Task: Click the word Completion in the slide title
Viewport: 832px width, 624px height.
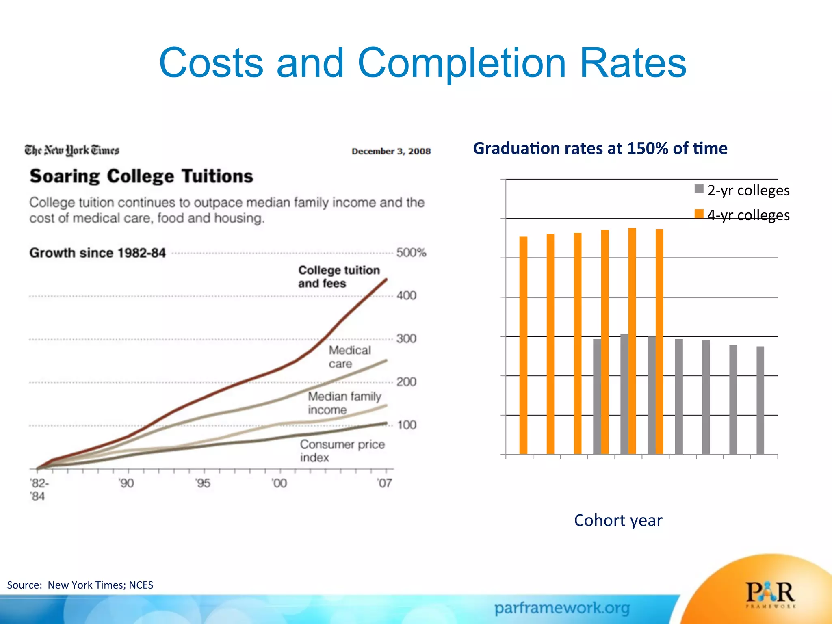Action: pos(461,63)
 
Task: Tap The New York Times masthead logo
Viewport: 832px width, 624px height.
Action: pos(72,150)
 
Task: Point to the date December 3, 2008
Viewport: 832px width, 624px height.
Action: pos(391,151)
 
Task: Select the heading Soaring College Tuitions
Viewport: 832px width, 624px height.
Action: pos(141,176)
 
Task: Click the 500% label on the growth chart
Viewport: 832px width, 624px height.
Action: pos(411,253)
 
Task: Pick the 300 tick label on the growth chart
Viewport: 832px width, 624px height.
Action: pos(407,338)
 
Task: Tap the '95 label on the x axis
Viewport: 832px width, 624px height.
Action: pos(203,483)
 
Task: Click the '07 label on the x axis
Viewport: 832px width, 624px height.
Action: pos(384,483)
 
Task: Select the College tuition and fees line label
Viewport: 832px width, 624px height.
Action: pos(339,277)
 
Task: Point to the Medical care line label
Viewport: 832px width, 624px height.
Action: pos(349,357)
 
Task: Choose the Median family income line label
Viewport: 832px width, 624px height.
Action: pos(344,403)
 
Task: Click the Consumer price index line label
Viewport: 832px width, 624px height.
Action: pos(342,451)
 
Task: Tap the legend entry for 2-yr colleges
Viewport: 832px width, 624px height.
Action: pos(743,190)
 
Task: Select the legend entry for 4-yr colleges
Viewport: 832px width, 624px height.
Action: pos(743,215)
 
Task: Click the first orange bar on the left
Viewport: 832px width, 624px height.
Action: pos(523,345)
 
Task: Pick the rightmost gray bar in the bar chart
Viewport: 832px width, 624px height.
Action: pos(760,400)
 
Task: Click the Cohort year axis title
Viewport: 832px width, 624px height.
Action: pos(618,520)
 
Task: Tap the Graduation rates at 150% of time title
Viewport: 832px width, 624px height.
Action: pos(600,148)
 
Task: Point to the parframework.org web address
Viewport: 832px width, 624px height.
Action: pos(562,608)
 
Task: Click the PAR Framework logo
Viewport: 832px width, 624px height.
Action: pos(770,594)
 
